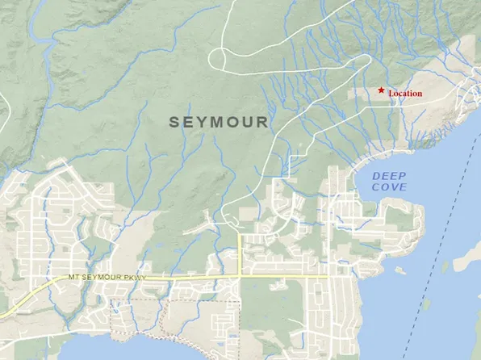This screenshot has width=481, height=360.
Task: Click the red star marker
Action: [381, 90]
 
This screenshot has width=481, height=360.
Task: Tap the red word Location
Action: [405, 94]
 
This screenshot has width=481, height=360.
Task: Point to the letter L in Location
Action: [391, 94]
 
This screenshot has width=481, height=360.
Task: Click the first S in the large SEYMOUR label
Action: [174, 122]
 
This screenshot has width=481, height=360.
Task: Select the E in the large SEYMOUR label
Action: [189, 122]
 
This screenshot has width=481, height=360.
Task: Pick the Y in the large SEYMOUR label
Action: [203, 122]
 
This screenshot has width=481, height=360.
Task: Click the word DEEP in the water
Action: [390, 176]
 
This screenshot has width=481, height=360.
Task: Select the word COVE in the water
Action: [390, 187]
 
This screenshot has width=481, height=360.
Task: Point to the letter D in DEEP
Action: [377, 176]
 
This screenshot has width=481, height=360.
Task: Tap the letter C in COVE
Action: [377, 187]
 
